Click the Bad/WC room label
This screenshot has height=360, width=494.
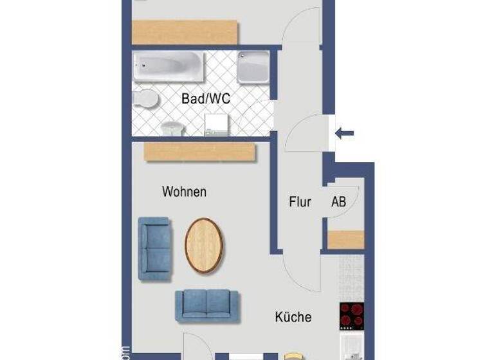[206, 100]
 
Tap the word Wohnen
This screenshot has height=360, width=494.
[184, 192]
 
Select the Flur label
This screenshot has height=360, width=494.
[300, 202]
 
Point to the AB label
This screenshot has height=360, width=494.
[338, 202]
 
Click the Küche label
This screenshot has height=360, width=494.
[293, 317]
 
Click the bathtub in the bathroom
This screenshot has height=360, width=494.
[169, 67]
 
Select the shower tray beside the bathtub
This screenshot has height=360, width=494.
[253, 67]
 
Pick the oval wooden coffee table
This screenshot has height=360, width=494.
[205, 244]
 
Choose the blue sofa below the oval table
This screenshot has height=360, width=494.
[206, 305]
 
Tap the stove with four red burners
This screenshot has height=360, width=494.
[352, 315]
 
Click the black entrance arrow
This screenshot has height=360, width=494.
[344, 134]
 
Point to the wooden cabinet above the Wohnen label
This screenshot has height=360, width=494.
[199, 152]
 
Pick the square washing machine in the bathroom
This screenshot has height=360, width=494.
[216, 125]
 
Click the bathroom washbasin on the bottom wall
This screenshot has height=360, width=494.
[172, 128]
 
